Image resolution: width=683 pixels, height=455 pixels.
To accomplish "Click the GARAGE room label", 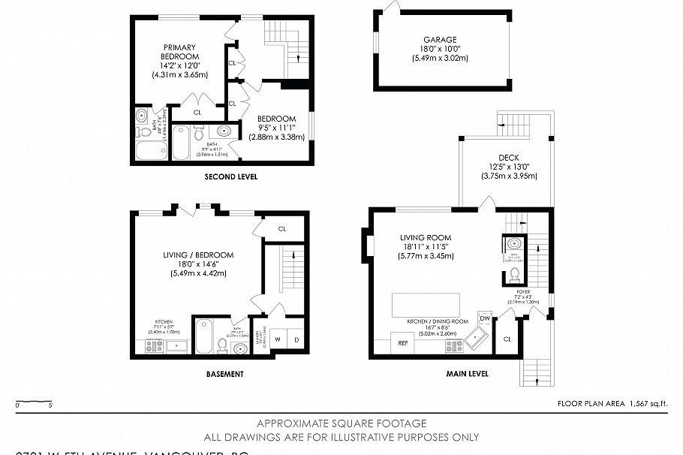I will pos(439,40).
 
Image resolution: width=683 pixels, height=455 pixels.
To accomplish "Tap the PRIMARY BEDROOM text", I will pos(180,51).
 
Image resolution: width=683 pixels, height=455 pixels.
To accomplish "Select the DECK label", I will pos(509,158).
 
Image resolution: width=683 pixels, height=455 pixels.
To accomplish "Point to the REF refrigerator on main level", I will pos(403,344).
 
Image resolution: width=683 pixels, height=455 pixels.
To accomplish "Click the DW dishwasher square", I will pos(484,318).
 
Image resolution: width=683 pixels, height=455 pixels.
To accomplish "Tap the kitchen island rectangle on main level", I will pos(426,306).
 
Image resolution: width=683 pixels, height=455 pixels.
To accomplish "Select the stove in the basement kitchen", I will pos(154,346).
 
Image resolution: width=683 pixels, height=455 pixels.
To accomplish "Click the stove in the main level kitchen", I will pos(453,345).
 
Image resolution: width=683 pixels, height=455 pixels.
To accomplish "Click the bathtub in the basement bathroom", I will pos(203,337).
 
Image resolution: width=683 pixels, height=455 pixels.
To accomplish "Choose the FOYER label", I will pos(523,291).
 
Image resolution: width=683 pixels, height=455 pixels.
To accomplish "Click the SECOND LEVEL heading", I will pos(231,177).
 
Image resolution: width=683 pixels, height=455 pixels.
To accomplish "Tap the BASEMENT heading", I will pos(224,374).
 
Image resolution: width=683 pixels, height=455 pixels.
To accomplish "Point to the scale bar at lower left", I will pos(33,402).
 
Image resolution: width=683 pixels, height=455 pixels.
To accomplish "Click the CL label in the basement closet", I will pos(282,229).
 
